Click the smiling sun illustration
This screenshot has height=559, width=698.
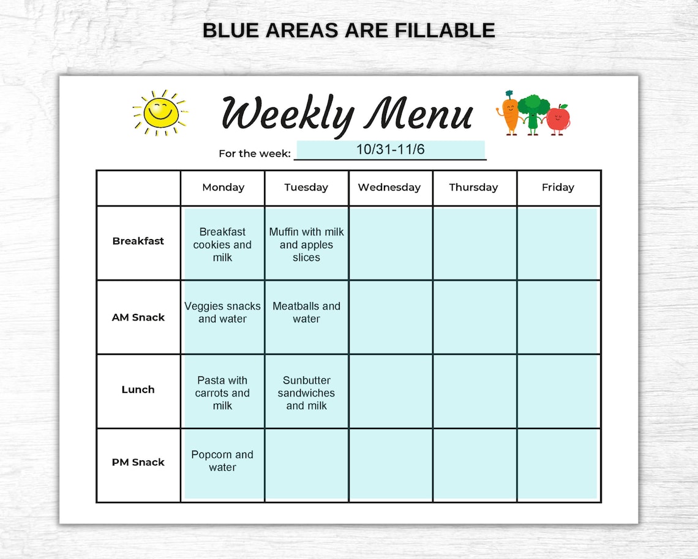pos(160,113)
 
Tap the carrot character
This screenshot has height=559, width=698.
pos(509,113)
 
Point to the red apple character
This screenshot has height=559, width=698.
pos(558,118)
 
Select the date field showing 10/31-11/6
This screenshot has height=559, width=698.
pos(390,150)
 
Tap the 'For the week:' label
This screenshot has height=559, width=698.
pos(255,154)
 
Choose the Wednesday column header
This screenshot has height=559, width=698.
pos(389,188)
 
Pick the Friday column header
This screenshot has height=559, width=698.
pos(558,188)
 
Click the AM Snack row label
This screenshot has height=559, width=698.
pos(138,318)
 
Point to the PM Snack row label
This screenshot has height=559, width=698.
pos(138,462)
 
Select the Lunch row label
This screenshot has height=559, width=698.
pos(138,390)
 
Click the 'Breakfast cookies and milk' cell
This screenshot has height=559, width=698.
pos(222,245)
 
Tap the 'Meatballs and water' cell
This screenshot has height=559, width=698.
pos(306,313)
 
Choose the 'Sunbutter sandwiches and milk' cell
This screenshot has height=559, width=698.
pos(306,393)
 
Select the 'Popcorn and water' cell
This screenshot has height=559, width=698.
pos(222,461)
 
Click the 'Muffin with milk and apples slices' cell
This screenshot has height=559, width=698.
pos(306,245)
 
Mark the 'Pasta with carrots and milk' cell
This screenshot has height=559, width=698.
pos(222,393)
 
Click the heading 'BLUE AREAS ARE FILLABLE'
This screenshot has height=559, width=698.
pos(348,30)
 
